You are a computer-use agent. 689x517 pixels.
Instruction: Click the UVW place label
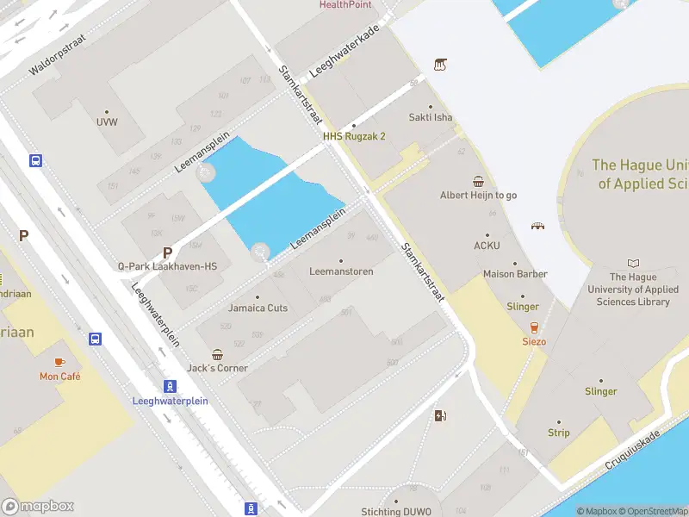[107, 121]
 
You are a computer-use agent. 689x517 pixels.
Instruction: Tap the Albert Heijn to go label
[478, 195]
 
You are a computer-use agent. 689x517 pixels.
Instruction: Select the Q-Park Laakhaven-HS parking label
[167, 266]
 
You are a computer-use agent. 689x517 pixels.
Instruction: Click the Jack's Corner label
[218, 368]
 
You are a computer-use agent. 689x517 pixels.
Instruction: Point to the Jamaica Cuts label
[258, 308]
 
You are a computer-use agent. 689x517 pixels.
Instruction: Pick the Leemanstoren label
[341, 271]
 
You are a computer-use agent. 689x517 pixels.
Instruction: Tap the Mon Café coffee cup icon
[59, 362]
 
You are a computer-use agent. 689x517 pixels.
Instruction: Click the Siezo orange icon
[534, 327]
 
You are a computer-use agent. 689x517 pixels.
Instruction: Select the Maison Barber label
[515, 274]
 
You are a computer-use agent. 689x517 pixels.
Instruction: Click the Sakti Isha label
[431, 118]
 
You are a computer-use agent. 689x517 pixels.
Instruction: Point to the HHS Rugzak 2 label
[354, 136]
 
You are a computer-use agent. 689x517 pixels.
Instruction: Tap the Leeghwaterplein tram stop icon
[171, 386]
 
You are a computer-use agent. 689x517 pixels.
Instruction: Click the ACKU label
[487, 245]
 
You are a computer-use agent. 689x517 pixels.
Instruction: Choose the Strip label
[558, 433]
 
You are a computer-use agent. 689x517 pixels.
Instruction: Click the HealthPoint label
[344, 4]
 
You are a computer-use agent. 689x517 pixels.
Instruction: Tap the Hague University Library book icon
[634, 263]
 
